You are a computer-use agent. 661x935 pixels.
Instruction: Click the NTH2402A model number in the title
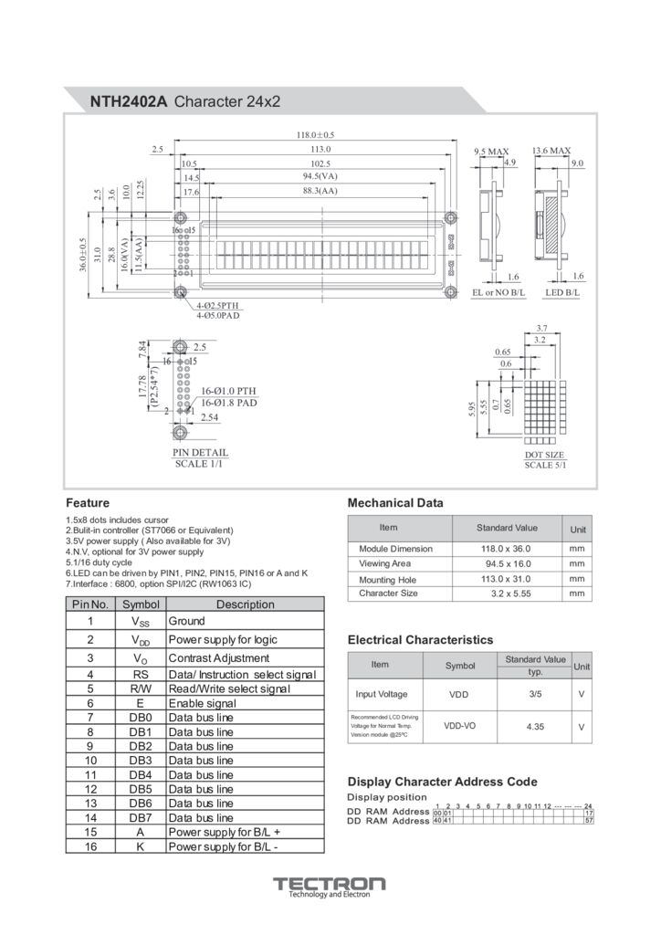[x=128, y=102]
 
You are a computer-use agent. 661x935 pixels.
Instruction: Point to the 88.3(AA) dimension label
[x=320, y=191]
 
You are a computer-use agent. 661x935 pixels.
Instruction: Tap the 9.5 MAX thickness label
[x=491, y=151]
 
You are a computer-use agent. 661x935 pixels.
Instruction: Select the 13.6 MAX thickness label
[x=551, y=151]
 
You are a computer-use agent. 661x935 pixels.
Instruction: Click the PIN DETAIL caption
[x=200, y=453]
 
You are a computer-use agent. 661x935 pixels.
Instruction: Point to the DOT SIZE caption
[x=544, y=455]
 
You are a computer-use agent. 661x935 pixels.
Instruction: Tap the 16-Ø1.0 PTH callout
[x=227, y=390]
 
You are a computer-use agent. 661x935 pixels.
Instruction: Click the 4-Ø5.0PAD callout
[x=217, y=315]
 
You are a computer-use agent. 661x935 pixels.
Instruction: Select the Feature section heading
[x=88, y=503]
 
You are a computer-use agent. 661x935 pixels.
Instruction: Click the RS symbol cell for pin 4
[x=140, y=674]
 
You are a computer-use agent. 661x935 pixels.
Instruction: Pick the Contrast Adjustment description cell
[x=219, y=657]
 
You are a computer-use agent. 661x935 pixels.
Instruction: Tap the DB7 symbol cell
[x=140, y=817]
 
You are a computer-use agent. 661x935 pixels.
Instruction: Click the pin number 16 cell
[x=90, y=846]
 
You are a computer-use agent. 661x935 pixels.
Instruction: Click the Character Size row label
[x=388, y=594]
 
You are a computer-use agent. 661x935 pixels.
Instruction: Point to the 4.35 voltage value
[x=535, y=727]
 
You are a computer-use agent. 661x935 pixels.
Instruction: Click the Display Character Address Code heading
[x=443, y=782]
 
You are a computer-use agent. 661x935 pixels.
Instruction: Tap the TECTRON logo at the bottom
[x=330, y=884]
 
